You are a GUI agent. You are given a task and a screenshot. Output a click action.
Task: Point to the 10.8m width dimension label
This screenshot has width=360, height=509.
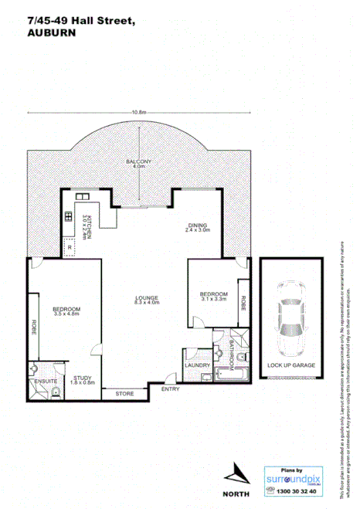coord(139,114)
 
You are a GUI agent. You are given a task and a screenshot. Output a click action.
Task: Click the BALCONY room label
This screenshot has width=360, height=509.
coord(139,161)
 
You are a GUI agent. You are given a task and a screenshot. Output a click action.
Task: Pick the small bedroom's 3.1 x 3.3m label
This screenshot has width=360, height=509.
coord(213,300)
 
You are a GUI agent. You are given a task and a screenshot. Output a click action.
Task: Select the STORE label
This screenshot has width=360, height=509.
coord(124,394)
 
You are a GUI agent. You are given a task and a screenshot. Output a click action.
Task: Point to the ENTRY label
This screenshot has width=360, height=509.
coord(170,389)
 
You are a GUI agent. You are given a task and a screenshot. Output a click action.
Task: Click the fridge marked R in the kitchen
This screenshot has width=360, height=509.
coord(70,248)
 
